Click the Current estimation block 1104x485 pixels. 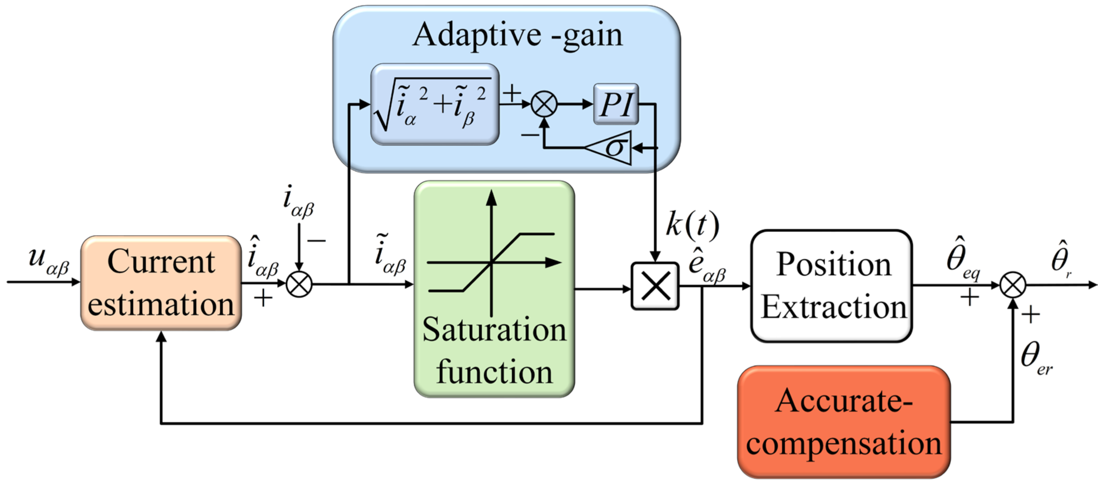pyautogui.click(x=161, y=283)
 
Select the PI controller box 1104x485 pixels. pyautogui.click(x=616, y=104)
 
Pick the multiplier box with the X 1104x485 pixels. pyautogui.click(x=655, y=286)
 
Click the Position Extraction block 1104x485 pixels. pyautogui.click(x=831, y=286)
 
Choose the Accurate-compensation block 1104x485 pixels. pyautogui.click(x=844, y=422)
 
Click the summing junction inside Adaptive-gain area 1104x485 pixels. pyautogui.click(x=544, y=104)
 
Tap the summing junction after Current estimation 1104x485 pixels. pyautogui.click(x=299, y=284)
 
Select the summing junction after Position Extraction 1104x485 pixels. pyautogui.click(x=1013, y=285)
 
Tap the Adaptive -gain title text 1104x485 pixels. pyautogui.click(x=517, y=35)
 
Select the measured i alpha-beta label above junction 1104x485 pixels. pyautogui.click(x=298, y=201)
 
